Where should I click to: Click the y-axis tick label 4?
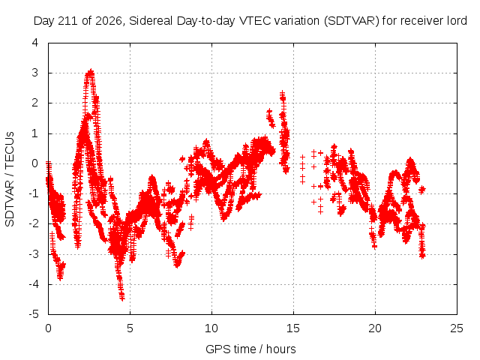35,43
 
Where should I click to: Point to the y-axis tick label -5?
34,314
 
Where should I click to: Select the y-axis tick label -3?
34,254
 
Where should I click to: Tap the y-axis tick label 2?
35,103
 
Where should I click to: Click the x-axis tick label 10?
211,328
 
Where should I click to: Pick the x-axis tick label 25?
457,328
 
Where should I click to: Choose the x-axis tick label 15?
293,328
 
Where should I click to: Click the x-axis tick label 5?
130,328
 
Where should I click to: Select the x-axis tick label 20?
375,328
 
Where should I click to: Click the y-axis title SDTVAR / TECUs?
10,179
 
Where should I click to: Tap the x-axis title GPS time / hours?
250,349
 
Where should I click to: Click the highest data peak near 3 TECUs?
91,72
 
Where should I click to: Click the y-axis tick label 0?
35,163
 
